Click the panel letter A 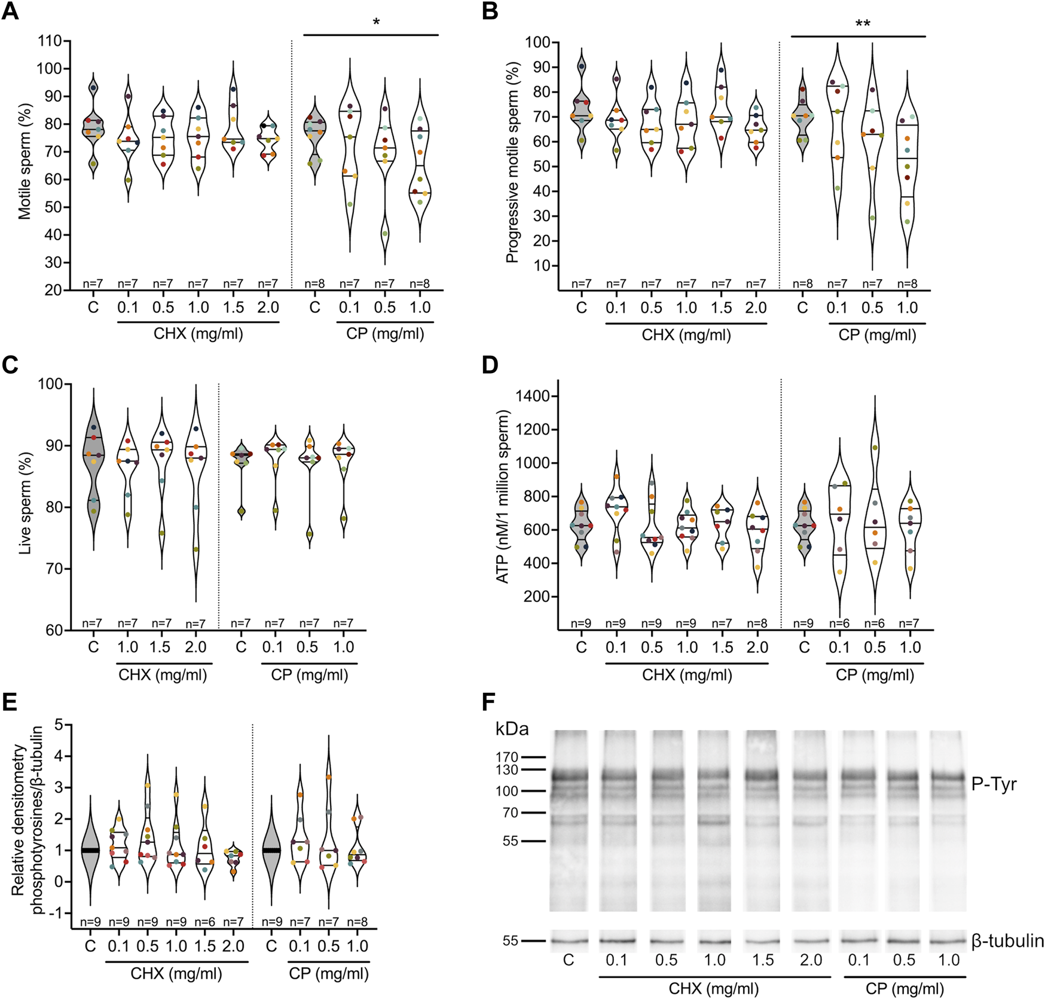[10, 12]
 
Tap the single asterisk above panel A [376, 23]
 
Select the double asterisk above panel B [863, 24]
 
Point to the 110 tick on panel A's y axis [50, 41]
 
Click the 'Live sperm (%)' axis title [25, 506]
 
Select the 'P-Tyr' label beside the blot [994, 784]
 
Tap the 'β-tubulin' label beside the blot [1007, 941]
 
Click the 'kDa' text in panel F [512, 729]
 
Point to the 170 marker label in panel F [507, 757]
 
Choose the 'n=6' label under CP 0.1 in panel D [839, 624]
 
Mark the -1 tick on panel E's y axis [57, 914]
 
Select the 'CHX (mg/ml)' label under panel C [163, 676]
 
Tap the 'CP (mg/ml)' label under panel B [877, 335]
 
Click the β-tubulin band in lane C [569, 941]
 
